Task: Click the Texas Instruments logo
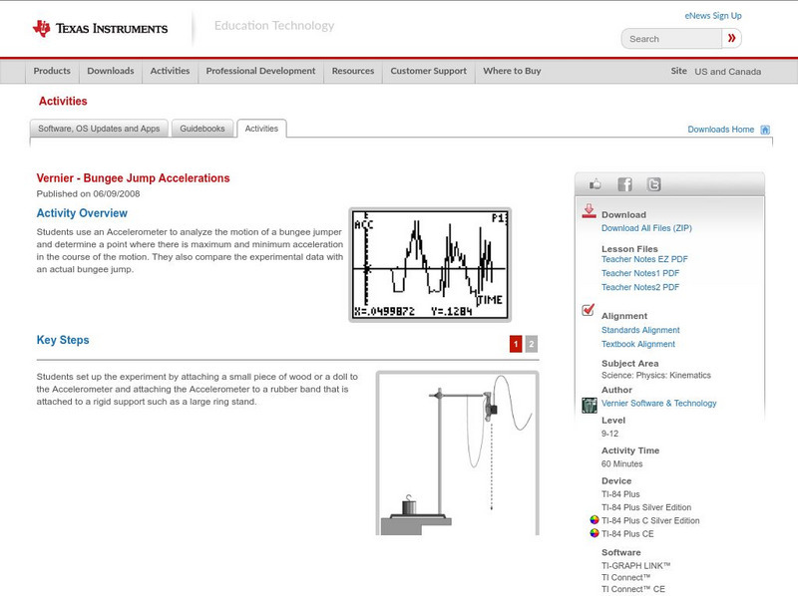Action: coord(100,28)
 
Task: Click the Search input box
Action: coord(671,39)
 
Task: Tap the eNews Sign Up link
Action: coord(713,16)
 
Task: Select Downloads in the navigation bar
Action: coord(110,72)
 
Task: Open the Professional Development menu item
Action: coord(260,72)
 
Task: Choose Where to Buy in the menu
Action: coord(512,72)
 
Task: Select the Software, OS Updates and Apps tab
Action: coord(99,129)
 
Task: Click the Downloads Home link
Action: coord(721,130)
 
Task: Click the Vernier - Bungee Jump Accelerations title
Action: coord(134,178)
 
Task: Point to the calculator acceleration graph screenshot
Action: coord(430,264)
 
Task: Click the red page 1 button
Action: coord(516,344)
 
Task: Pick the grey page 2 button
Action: coord(532,344)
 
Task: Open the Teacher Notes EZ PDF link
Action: coord(644,259)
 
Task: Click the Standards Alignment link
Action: coord(640,330)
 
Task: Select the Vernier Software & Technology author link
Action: coord(658,404)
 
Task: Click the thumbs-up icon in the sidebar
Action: coord(596,184)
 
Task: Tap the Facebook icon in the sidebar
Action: coord(624,184)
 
